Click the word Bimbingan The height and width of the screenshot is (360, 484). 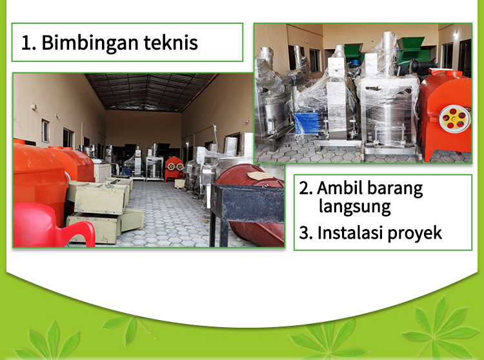90,43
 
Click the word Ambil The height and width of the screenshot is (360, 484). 339,188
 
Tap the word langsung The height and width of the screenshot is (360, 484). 355,207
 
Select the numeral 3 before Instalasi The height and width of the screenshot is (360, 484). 306,233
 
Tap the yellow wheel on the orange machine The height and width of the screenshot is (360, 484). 455,119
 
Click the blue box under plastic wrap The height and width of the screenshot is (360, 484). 306,123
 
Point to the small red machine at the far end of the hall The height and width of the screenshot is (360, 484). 174,168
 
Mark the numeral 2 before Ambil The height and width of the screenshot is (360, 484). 306,188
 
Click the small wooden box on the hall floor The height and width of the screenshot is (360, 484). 179,183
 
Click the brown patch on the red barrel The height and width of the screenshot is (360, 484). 260,176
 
